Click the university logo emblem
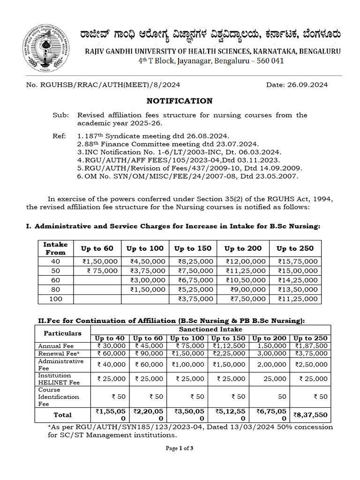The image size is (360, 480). click(x=45, y=48)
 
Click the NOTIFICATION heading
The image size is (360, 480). click(x=180, y=101)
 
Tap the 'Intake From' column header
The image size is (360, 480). click(x=55, y=248)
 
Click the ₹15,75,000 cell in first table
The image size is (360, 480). click(x=298, y=261)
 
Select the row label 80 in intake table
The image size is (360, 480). click(x=55, y=289)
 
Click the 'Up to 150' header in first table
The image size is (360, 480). click(x=193, y=248)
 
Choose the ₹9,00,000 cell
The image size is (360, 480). click(x=246, y=289)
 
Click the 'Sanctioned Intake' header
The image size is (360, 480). click(x=211, y=330)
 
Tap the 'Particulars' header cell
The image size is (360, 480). click(x=62, y=333)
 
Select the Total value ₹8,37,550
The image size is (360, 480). click(x=311, y=414)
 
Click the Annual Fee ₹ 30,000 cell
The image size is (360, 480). click(x=111, y=345)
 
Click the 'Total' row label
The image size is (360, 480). click(x=62, y=414)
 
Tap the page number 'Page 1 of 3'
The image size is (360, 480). click(x=180, y=448)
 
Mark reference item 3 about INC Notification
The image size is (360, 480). click(x=180, y=152)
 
